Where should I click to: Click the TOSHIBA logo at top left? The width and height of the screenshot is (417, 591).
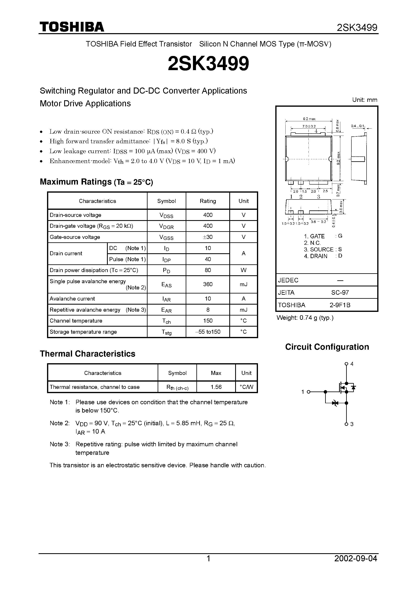point(72,27)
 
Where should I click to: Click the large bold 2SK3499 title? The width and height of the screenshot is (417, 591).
point(208,64)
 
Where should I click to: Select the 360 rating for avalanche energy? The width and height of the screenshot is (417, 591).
point(208,284)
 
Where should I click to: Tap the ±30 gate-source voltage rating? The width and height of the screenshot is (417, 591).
point(208,237)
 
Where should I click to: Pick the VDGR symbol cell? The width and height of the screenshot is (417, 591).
point(166,226)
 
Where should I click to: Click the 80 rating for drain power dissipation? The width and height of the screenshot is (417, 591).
point(208,270)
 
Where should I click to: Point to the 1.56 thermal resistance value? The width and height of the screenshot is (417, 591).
point(216,387)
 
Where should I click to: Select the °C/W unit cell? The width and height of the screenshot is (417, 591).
point(246,387)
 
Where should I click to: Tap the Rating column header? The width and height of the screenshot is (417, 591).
point(208,201)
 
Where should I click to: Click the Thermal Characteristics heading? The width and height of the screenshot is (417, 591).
point(87,354)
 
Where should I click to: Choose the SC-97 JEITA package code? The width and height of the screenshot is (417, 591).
point(340,292)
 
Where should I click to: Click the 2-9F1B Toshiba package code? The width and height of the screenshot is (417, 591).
point(340,305)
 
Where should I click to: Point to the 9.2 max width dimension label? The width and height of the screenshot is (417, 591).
point(309,119)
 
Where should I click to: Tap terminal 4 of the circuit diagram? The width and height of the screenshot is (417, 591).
point(346,364)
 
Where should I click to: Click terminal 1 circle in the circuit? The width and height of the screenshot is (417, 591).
point(308,392)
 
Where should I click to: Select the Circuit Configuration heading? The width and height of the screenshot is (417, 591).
point(327,347)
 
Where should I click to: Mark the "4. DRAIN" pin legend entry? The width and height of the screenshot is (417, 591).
point(315,256)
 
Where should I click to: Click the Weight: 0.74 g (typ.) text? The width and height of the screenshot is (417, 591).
point(305,318)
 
